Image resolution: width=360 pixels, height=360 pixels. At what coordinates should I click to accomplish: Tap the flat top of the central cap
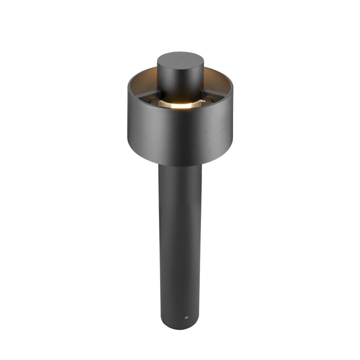tap(180, 59)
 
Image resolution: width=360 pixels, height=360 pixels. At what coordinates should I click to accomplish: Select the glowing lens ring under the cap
tap(180, 104)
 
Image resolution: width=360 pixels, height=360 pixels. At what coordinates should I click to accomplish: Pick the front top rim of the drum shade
tap(180, 112)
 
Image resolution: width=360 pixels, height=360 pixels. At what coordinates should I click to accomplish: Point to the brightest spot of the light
tap(179, 104)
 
